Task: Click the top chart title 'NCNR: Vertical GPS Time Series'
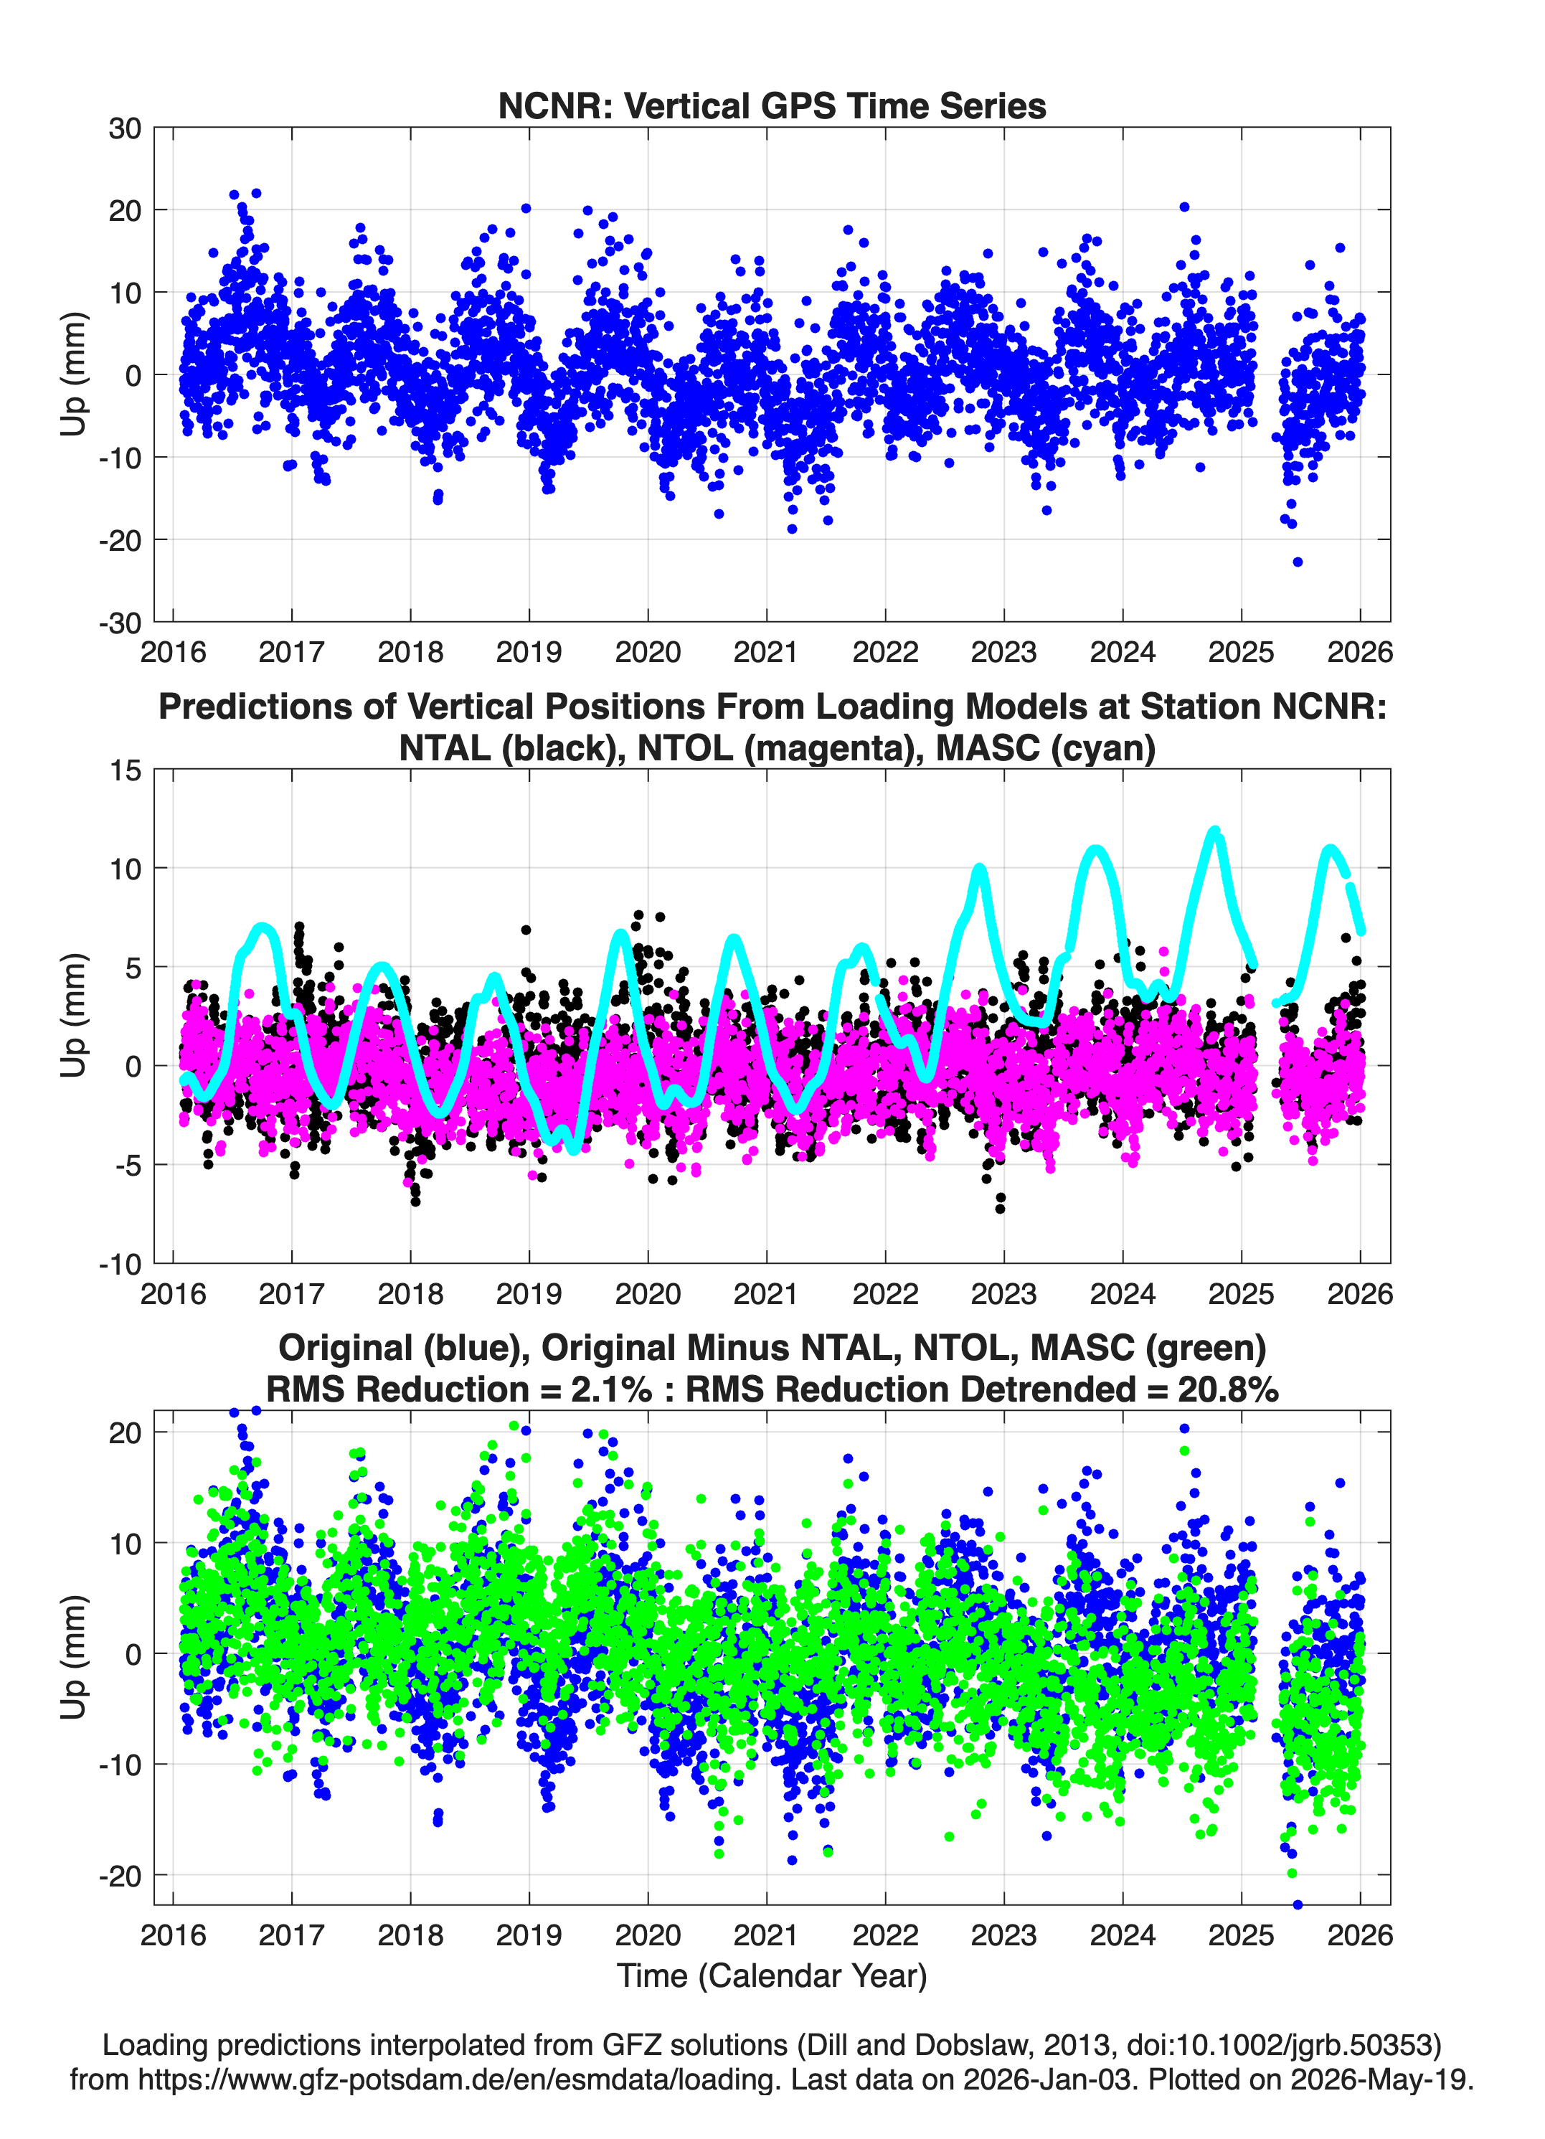coord(772,105)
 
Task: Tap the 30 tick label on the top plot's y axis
coord(125,128)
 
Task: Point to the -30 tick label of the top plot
coord(120,623)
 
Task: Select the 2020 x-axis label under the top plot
coord(647,652)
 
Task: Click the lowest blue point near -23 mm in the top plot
coord(1298,562)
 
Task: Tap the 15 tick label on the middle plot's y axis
coord(125,770)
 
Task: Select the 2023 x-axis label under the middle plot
coord(1003,1293)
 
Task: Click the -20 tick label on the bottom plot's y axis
coord(120,1876)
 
